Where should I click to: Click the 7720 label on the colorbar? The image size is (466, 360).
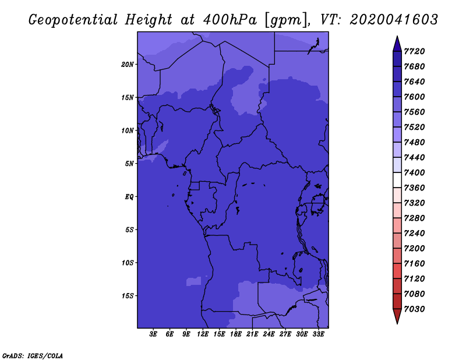click(x=414, y=51)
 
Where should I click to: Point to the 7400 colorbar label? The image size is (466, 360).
click(x=414, y=172)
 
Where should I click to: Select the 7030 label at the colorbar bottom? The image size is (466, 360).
click(x=414, y=309)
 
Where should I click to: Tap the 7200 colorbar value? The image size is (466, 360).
click(x=414, y=248)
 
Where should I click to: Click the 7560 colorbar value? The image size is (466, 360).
click(x=414, y=112)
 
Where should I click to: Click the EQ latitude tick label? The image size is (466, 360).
click(x=129, y=197)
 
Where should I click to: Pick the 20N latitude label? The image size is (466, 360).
click(x=128, y=65)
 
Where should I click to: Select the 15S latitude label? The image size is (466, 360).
click(x=128, y=296)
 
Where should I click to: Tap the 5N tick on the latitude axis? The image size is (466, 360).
click(x=129, y=164)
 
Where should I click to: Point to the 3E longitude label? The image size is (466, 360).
click(x=153, y=334)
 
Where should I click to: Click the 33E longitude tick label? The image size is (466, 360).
click(x=318, y=334)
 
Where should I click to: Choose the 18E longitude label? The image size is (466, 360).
click(x=236, y=334)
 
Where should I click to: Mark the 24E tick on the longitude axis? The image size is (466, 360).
click(x=269, y=334)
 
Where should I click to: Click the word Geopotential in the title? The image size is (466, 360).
click(x=73, y=20)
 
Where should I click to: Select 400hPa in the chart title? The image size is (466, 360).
click(x=230, y=20)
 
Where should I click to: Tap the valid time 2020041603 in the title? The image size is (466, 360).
click(x=394, y=20)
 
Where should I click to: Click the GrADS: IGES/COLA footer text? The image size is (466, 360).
click(x=33, y=355)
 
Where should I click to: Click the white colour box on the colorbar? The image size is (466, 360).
click(x=397, y=180)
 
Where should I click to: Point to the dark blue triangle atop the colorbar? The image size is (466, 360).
click(x=397, y=44)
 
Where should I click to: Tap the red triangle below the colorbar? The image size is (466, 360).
click(x=397, y=316)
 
